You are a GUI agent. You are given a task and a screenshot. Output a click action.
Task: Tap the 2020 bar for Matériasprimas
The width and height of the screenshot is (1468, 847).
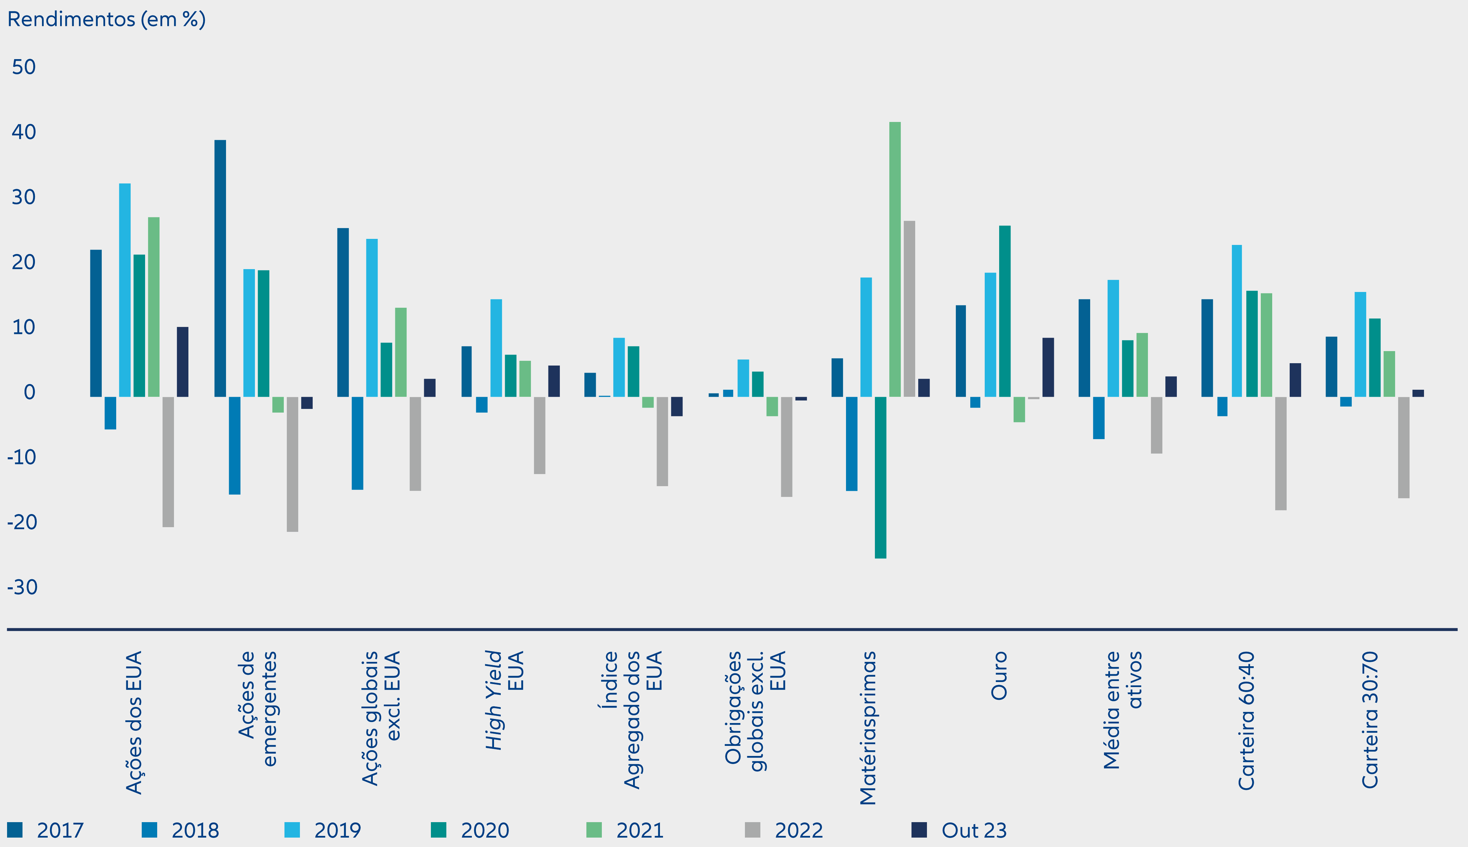coord(880,478)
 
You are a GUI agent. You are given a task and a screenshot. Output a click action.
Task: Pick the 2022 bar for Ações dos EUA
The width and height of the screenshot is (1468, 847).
coord(168,462)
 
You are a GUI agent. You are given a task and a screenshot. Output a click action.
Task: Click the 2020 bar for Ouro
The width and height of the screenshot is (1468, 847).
coord(1005,311)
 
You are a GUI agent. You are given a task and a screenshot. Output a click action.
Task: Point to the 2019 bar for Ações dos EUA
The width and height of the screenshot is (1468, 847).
coord(124,290)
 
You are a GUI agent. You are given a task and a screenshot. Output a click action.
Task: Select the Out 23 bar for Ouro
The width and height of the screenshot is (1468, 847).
coord(1048,367)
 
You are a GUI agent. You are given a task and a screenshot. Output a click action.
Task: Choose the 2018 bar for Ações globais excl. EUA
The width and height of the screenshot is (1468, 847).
coord(358,443)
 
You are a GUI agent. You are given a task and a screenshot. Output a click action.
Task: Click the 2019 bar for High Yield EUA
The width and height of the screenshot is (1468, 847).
coord(496,348)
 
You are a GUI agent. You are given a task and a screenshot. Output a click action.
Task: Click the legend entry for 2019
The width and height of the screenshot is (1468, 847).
coord(323,830)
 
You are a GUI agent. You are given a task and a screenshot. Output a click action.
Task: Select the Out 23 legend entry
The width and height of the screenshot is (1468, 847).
coord(959,830)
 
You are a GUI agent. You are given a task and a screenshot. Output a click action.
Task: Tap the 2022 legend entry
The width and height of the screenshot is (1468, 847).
coord(784,830)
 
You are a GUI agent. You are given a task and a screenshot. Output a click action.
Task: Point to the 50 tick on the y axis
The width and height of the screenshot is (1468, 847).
coord(24,67)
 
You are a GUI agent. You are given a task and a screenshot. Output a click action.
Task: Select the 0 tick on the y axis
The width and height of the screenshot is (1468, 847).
coord(29,392)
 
